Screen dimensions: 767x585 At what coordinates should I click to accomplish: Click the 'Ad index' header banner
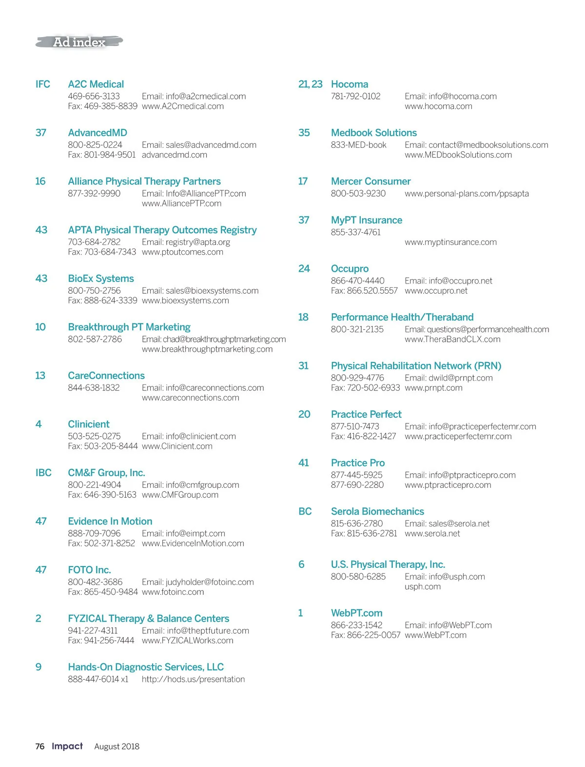pos(79,42)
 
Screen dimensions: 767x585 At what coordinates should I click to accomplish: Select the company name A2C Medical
pos(96,84)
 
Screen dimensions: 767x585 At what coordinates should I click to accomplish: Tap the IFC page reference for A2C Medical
pos(43,84)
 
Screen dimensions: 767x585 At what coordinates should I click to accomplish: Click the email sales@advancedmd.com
pos(199,145)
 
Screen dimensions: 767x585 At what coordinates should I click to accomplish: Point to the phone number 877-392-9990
pos(94,194)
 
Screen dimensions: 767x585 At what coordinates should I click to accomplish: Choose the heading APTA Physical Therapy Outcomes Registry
pos(162,230)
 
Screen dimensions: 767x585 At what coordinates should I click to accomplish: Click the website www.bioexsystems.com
pos(185,301)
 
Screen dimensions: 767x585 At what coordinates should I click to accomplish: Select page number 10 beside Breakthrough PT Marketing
pos(40,327)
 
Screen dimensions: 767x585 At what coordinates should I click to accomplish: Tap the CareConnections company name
pos(106,376)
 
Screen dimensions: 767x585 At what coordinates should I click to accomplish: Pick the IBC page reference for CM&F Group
pos(43,473)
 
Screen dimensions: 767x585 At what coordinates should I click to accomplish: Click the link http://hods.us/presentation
pos(193,679)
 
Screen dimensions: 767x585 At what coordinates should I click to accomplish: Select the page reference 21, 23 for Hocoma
pos(310,84)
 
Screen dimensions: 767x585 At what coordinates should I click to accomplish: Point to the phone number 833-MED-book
pos(358,145)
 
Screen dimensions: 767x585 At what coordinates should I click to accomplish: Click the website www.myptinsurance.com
pos(450,242)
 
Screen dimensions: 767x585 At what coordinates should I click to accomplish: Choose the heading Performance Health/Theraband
pos(402,317)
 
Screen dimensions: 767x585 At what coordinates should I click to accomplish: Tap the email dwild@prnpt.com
pos(448,378)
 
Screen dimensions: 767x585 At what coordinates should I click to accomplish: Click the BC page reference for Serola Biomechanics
pos(305,511)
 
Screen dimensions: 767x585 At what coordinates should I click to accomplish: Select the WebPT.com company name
pos(356,613)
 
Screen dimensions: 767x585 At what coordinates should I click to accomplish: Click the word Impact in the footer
pos(67,746)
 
